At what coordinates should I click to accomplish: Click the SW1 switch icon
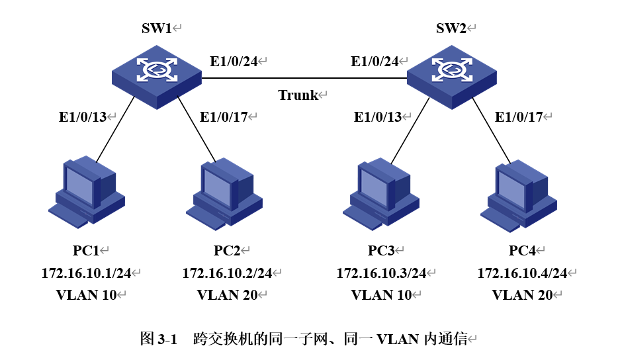point(157,75)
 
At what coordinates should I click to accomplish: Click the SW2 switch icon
point(451,75)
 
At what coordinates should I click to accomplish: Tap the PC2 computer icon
point(224,193)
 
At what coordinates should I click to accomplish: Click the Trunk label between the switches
point(298,95)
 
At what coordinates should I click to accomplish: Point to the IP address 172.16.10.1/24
point(86,273)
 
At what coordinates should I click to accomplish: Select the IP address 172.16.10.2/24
point(227,273)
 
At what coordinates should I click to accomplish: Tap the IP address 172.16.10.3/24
point(381,273)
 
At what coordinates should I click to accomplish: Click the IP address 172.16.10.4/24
point(522,273)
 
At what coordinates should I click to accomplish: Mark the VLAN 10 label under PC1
point(86,295)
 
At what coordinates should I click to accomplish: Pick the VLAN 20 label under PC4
point(522,295)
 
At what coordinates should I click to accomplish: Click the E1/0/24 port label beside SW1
point(234,62)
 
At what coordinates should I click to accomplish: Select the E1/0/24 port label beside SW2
point(375,62)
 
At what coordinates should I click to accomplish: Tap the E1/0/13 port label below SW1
point(83,117)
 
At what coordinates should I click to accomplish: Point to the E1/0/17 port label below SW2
point(519,117)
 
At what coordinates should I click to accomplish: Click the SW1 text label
point(157,28)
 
